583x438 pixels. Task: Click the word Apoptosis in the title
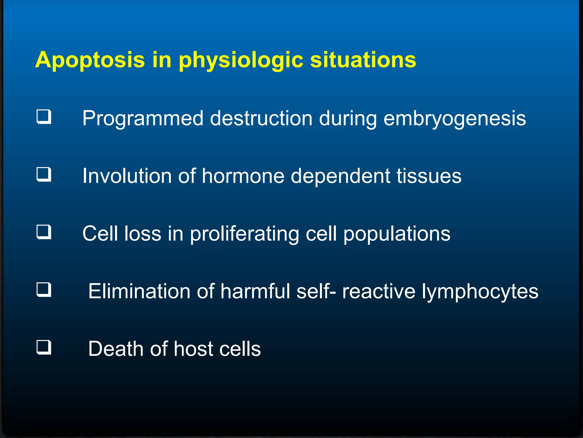click(90, 60)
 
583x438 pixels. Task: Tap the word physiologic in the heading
click(241, 60)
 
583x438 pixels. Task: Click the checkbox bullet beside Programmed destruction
click(44, 117)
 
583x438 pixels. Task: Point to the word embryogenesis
click(455, 119)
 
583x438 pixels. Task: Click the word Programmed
click(143, 119)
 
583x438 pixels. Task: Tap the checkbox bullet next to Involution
click(44, 175)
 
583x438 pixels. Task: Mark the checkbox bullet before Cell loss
click(44, 232)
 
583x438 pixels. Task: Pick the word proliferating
click(244, 234)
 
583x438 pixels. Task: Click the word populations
click(397, 234)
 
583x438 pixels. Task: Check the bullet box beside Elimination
click(44, 290)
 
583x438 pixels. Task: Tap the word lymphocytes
click(480, 292)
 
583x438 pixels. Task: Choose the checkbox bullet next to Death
click(44, 347)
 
